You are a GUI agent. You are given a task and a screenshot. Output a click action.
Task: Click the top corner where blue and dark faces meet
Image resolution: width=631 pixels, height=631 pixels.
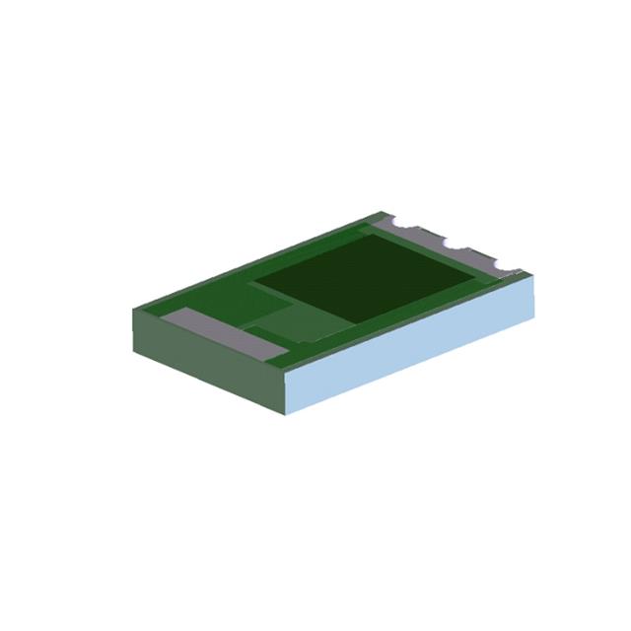287,372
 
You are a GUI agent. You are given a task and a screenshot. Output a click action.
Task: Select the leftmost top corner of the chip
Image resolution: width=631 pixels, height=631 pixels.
132,308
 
